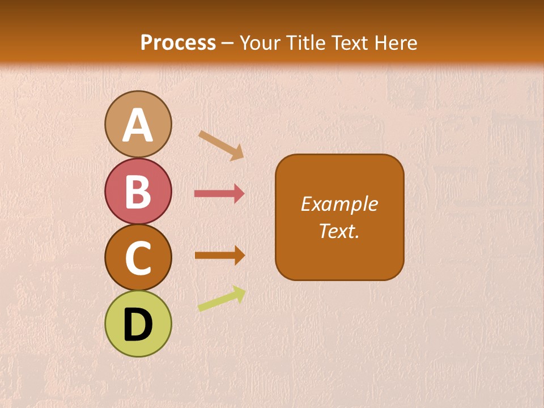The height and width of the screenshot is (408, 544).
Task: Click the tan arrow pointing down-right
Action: coord(221,144)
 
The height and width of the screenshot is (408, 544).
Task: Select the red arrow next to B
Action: coord(219,194)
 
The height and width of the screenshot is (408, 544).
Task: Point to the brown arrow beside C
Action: coord(219,255)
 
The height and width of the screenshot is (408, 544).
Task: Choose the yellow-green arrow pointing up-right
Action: coord(222,299)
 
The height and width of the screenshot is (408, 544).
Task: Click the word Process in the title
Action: coord(178,42)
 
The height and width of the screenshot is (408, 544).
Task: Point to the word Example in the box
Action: coord(339,204)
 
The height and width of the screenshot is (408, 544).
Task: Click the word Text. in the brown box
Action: coord(339,231)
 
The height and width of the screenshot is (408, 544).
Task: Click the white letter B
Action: coord(138,192)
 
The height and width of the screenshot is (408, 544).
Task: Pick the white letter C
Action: coord(138,258)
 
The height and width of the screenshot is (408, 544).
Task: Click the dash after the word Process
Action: coord(228,43)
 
